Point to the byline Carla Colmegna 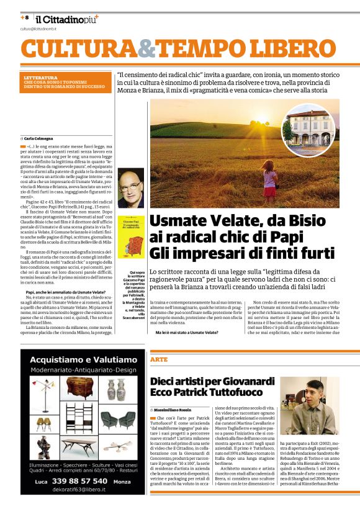pyautogui.click(x=38, y=138)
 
